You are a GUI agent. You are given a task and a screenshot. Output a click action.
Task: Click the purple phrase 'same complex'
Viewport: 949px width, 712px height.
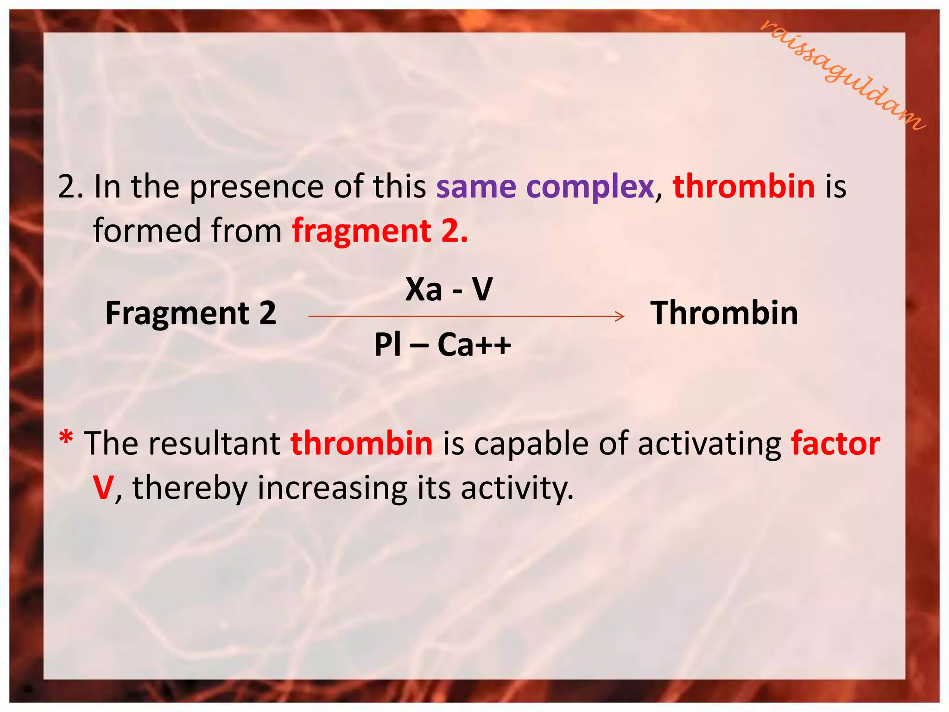click(544, 187)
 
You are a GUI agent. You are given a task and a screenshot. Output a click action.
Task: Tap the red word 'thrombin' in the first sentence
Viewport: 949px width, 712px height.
click(743, 187)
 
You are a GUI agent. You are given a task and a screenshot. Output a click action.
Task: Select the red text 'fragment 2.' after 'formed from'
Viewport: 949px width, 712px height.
click(380, 231)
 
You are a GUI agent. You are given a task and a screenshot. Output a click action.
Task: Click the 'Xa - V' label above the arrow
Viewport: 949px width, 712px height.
click(449, 289)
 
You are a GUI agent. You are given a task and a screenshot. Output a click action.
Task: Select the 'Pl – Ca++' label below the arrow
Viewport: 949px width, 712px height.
click(442, 345)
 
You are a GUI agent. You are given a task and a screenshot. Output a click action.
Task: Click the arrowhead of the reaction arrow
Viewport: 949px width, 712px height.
click(620, 317)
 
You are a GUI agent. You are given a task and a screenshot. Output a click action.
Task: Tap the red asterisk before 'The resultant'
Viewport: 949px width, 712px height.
click(66, 438)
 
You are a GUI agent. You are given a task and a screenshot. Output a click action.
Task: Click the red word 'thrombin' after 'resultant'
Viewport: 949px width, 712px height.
click(361, 444)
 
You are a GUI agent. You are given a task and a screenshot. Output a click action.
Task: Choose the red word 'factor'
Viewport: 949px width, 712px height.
click(835, 444)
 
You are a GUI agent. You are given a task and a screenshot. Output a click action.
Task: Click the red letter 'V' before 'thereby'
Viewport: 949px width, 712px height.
click(103, 488)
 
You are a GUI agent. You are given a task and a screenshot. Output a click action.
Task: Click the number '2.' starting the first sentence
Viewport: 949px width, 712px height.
click(70, 187)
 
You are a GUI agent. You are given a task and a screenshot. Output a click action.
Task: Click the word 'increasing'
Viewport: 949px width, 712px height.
click(332, 489)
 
